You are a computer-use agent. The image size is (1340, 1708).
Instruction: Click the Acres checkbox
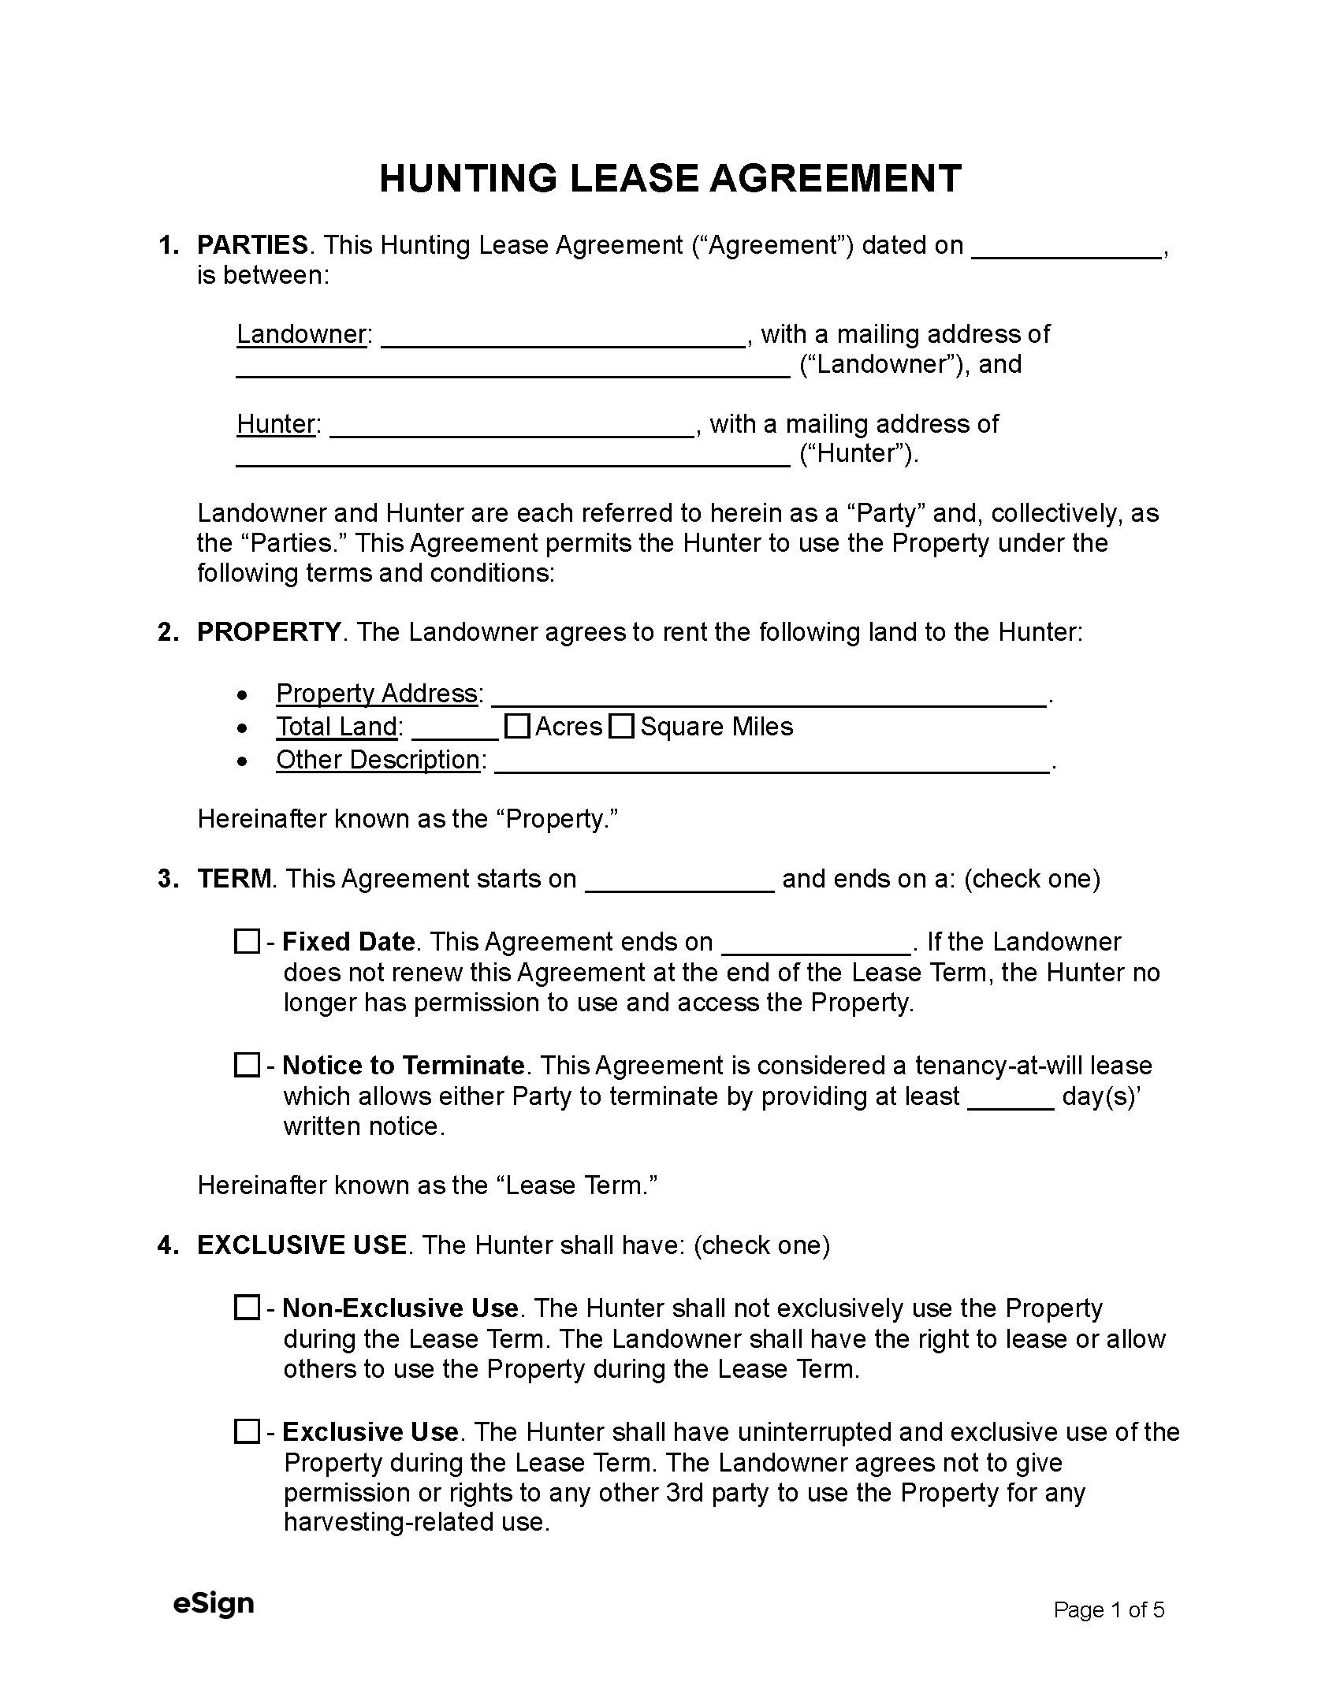click(x=516, y=726)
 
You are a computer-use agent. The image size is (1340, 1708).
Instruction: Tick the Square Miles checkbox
click(x=622, y=726)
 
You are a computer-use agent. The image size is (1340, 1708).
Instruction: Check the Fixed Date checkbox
click(x=247, y=941)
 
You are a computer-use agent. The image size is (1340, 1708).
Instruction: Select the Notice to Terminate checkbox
click(x=247, y=1065)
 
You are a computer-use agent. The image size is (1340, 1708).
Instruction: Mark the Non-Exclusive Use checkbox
click(x=247, y=1308)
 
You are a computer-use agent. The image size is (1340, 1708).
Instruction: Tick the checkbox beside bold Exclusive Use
click(x=247, y=1431)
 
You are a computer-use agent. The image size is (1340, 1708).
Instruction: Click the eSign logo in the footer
click(x=214, y=1603)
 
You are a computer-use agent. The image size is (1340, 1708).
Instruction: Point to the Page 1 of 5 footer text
click(x=1108, y=1609)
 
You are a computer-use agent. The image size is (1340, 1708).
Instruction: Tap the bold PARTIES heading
click(x=252, y=245)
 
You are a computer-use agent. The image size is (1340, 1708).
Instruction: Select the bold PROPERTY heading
click(x=269, y=632)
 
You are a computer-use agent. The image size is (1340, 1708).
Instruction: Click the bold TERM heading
click(x=234, y=879)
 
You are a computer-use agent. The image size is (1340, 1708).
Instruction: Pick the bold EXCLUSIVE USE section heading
click(x=302, y=1245)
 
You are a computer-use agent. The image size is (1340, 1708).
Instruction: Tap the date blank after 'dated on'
click(x=1066, y=248)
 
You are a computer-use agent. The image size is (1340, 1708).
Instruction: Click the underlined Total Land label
click(x=337, y=727)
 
